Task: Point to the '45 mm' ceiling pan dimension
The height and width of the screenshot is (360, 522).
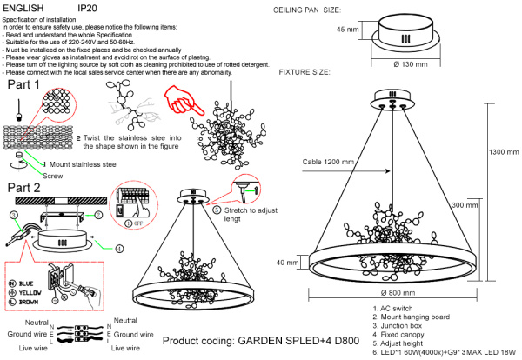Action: pyautogui.click(x=346, y=30)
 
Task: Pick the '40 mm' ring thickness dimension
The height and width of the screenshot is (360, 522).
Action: pyautogui.click(x=287, y=262)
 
